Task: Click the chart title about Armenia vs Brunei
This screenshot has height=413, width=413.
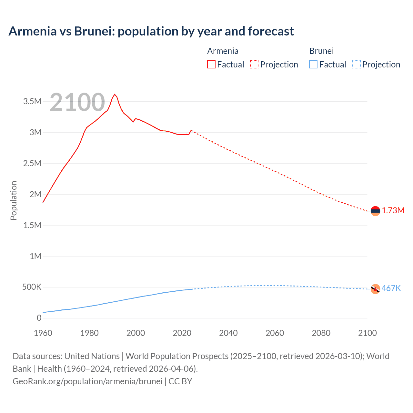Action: click(x=151, y=31)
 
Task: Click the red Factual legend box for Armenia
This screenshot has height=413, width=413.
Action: click(x=211, y=65)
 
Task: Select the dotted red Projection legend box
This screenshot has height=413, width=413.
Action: click(x=254, y=65)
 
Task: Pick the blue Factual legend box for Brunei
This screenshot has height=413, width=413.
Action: click(x=313, y=65)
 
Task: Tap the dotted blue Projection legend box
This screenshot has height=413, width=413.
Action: click(x=357, y=65)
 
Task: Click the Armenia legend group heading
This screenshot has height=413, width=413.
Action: click(x=223, y=51)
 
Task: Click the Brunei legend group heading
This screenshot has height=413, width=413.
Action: click(x=321, y=51)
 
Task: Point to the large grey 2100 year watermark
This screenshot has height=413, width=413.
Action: click(x=77, y=102)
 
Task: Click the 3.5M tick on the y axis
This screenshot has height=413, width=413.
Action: click(x=32, y=102)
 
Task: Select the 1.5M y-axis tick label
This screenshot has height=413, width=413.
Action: click(x=32, y=225)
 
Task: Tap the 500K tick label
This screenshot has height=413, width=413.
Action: click(x=32, y=287)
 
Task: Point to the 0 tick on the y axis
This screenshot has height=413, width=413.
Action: click(x=39, y=318)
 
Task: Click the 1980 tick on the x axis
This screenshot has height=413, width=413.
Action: click(x=89, y=333)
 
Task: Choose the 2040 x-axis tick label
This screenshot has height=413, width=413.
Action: click(x=228, y=333)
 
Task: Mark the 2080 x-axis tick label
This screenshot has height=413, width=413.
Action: click(x=321, y=333)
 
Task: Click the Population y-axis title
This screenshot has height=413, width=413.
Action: click(x=14, y=200)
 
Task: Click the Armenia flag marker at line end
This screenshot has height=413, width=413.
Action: click(x=375, y=211)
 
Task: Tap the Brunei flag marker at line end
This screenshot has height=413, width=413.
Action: click(x=375, y=289)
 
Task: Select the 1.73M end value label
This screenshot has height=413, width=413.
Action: click(x=393, y=211)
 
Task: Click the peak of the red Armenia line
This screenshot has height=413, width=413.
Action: click(x=115, y=95)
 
